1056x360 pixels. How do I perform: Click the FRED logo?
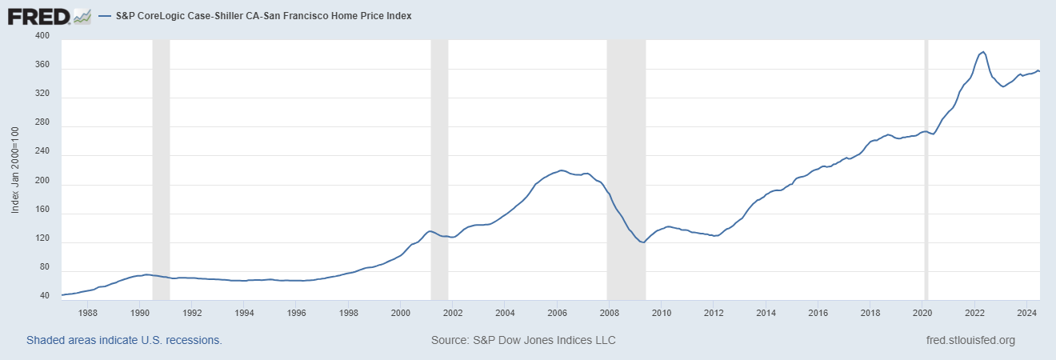pyautogui.click(x=49, y=15)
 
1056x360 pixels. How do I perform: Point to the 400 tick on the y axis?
pyautogui.click(x=43, y=37)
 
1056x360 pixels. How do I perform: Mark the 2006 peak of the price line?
pyautogui.click(x=562, y=170)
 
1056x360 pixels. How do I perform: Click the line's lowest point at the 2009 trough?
pyautogui.click(x=643, y=242)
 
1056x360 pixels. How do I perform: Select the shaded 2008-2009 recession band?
pyautogui.click(x=626, y=168)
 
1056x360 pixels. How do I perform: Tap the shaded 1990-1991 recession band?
pyautogui.click(x=161, y=168)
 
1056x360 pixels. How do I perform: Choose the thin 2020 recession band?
pyautogui.click(x=926, y=168)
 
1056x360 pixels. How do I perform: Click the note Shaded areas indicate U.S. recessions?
pyautogui.click(x=124, y=340)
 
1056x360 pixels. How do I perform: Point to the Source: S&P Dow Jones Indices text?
pyautogui.click(x=523, y=340)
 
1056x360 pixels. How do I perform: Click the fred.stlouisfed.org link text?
pyautogui.click(x=970, y=340)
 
